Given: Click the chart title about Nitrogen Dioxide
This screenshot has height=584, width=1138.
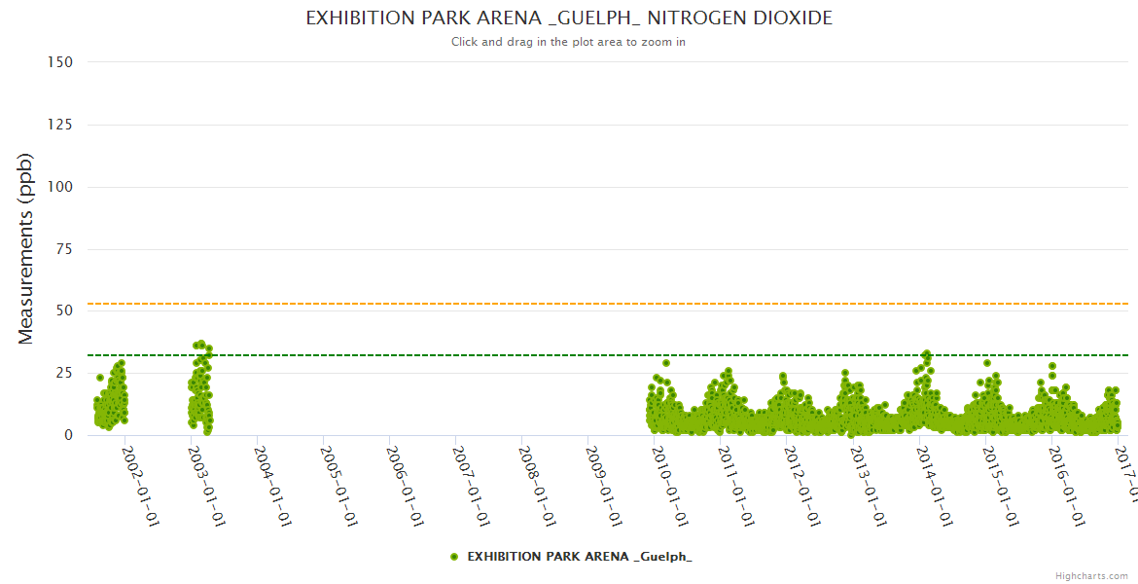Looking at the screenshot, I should (569, 18).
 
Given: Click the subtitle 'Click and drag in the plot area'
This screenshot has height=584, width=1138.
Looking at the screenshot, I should (569, 42).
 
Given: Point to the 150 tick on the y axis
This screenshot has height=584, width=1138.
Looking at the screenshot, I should (60, 62).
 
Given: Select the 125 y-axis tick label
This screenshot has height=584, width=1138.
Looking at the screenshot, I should (60, 125).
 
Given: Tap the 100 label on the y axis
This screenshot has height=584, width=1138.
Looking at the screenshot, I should (60, 187).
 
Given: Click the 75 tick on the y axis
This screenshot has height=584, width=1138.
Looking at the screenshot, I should (64, 249).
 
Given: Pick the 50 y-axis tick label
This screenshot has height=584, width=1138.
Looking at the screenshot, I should (64, 311).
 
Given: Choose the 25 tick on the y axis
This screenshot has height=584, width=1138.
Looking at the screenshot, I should (64, 374).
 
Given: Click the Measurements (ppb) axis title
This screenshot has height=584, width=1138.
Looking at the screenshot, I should (26, 248).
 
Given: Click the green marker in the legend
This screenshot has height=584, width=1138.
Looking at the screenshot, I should (454, 557).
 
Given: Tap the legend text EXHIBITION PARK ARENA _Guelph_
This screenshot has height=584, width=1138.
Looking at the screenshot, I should (580, 557).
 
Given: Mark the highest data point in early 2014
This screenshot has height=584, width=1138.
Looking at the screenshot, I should (927, 354).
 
